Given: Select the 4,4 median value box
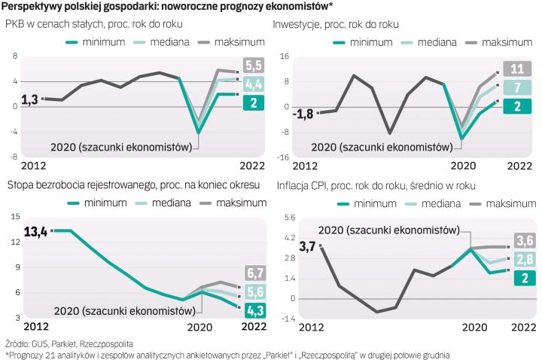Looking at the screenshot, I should pos(254,84).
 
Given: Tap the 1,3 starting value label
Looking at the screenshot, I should pos(30,99).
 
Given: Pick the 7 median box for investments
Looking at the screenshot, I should pos(518,88).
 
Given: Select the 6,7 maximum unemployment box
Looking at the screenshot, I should pos(253,273).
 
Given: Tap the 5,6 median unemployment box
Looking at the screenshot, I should pos(253,291).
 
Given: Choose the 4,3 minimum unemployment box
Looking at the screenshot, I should pos(253,310).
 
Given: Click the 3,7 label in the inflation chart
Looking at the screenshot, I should pos(307,246).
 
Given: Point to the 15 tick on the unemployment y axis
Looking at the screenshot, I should pos(15,217).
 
